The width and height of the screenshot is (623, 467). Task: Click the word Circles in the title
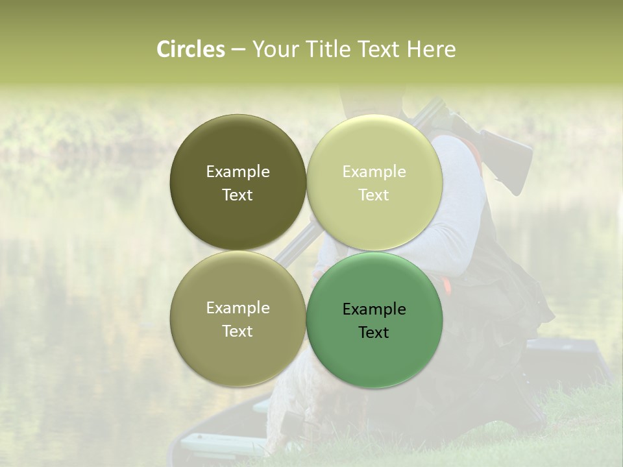click(x=191, y=49)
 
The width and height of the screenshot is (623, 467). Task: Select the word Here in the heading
click(x=431, y=49)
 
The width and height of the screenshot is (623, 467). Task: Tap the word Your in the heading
click(x=276, y=49)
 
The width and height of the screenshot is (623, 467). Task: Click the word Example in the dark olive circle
click(x=238, y=171)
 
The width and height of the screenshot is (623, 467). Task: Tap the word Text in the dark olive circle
click(x=238, y=195)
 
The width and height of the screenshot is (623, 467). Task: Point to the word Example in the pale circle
click(x=374, y=171)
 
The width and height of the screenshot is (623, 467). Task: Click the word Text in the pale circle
click(x=374, y=195)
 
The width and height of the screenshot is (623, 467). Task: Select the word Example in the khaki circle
click(x=238, y=307)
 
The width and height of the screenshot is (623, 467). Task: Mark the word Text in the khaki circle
click(x=238, y=331)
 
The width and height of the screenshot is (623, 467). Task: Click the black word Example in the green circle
click(x=374, y=309)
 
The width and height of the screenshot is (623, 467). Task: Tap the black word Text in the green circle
click(x=374, y=332)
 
